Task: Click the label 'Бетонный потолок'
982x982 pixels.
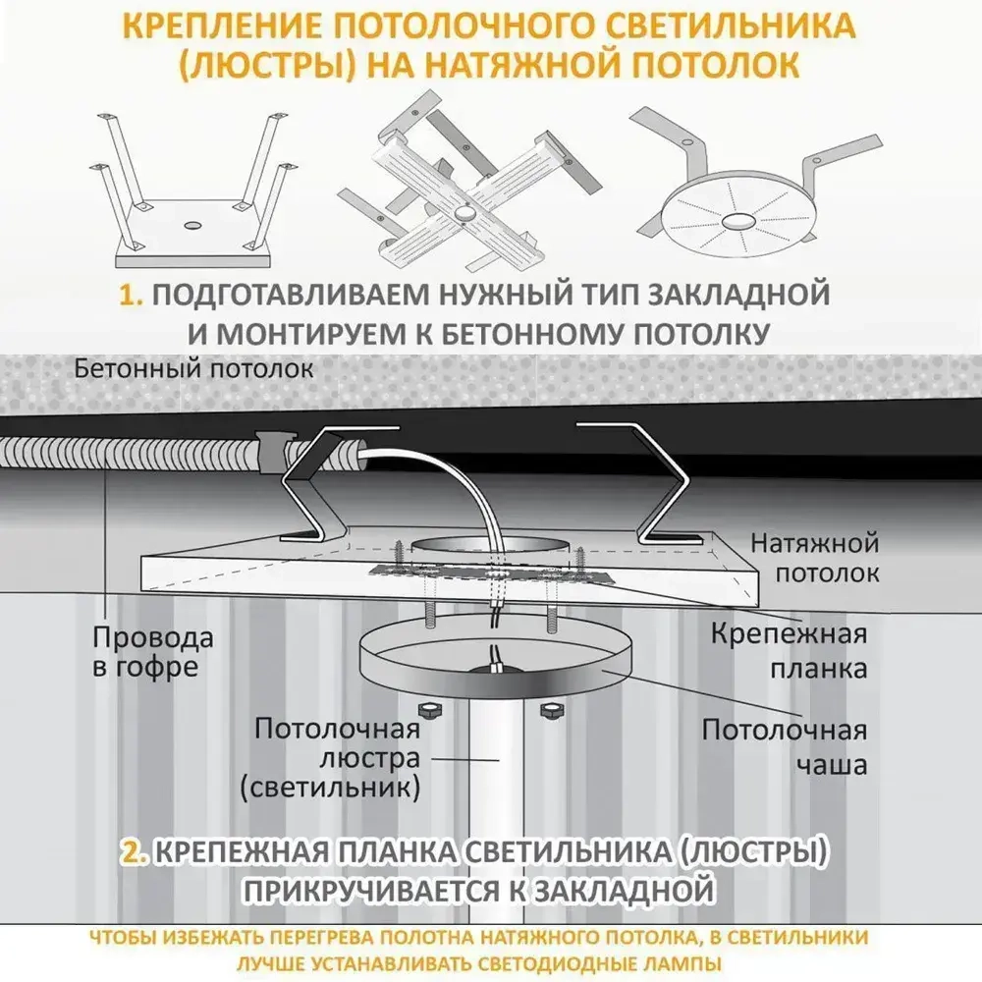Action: point(195,369)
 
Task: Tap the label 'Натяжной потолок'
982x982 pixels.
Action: point(814,558)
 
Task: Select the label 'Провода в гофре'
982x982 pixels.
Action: point(152,652)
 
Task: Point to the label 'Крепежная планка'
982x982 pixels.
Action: point(790,650)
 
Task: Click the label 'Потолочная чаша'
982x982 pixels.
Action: point(784,746)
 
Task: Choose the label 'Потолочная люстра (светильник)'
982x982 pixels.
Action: point(337,757)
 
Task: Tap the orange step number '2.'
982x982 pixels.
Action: point(135,851)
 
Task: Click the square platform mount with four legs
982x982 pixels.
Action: point(191,196)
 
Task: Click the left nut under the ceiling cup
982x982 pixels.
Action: point(429,709)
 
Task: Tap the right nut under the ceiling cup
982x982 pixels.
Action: point(549,709)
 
